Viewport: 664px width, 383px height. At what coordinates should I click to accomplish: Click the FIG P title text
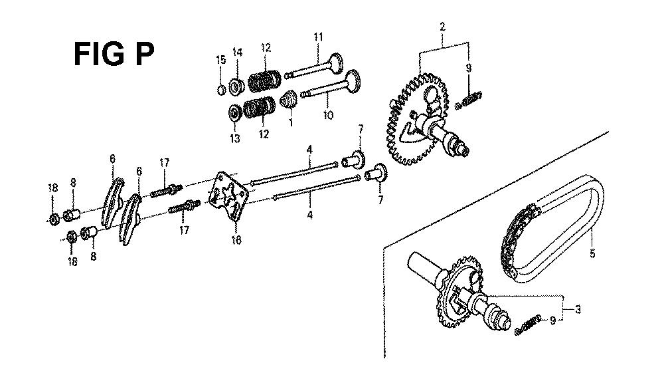tap(114, 55)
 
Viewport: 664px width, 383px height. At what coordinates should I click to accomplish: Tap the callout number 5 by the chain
tap(592, 253)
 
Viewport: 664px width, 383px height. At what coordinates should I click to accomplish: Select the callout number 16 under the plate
tap(236, 240)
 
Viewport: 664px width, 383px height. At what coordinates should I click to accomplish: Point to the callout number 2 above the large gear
tap(442, 27)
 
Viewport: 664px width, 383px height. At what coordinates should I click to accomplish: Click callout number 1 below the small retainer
tap(291, 123)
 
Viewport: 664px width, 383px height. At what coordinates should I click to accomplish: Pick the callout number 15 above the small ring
tap(221, 60)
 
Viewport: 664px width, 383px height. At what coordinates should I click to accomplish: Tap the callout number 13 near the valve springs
tap(235, 138)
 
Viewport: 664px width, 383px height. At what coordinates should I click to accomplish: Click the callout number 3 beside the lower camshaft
tap(578, 309)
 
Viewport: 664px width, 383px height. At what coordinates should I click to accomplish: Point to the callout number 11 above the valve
tap(319, 37)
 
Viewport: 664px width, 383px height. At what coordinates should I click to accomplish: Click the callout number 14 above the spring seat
tap(237, 53)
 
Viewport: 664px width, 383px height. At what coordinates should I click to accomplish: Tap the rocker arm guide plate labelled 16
tap(228, 196)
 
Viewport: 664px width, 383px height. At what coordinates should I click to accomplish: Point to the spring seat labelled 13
tap(234, 112)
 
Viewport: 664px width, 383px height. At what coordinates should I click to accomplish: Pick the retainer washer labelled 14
tap(237, 86)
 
